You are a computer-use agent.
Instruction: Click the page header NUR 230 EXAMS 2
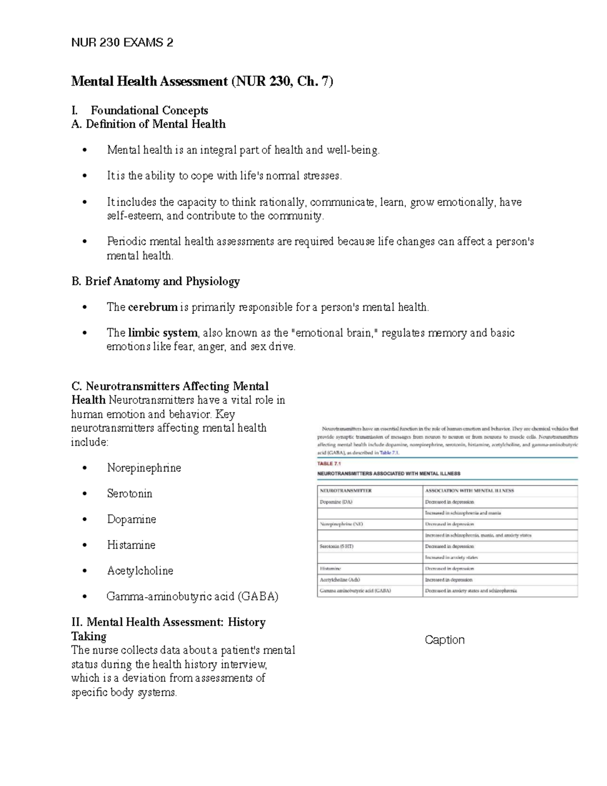[x=122, y=43]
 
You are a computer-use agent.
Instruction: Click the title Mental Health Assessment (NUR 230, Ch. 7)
[x=202, y=81]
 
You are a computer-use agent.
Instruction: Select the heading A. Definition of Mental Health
[x=149, y=124]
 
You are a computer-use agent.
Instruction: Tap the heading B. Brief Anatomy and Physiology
[x=156, y=281]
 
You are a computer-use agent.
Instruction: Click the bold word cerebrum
[x=153, y=307]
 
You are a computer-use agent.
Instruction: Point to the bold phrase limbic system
[x=162, y=333]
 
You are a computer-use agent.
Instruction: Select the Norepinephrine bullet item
[x=144, y=468]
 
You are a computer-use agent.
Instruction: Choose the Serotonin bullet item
[x=129, y=493]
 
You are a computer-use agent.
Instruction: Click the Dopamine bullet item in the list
[x=132, y=519]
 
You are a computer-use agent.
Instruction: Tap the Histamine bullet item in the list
[x=131, y=545]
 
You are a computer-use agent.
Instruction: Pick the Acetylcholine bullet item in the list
[x=140, y=571]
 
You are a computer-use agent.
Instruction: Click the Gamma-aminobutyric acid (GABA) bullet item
[x=192, y=596]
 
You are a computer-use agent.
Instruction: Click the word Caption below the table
[x=445, y=640]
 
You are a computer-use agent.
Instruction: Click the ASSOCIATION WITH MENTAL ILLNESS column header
[x=469, y=490]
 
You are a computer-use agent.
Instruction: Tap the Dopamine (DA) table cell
[x=336, y=502]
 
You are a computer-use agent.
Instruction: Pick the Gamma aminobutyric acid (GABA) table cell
[x=355, y=591]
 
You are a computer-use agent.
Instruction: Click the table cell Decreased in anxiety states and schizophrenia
[x=471, y=591]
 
